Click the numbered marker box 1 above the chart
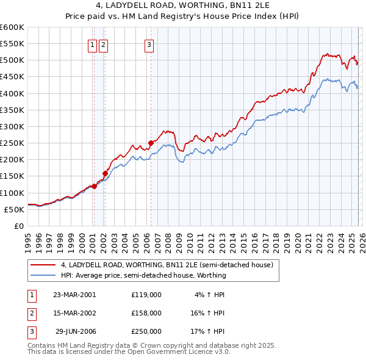92,44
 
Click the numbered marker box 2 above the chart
103,44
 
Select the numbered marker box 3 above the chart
149,44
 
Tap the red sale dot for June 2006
151,143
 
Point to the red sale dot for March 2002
105,173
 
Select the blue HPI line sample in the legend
44,275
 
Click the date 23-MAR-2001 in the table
74,295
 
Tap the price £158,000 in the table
146,313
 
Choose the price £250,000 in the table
146,331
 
